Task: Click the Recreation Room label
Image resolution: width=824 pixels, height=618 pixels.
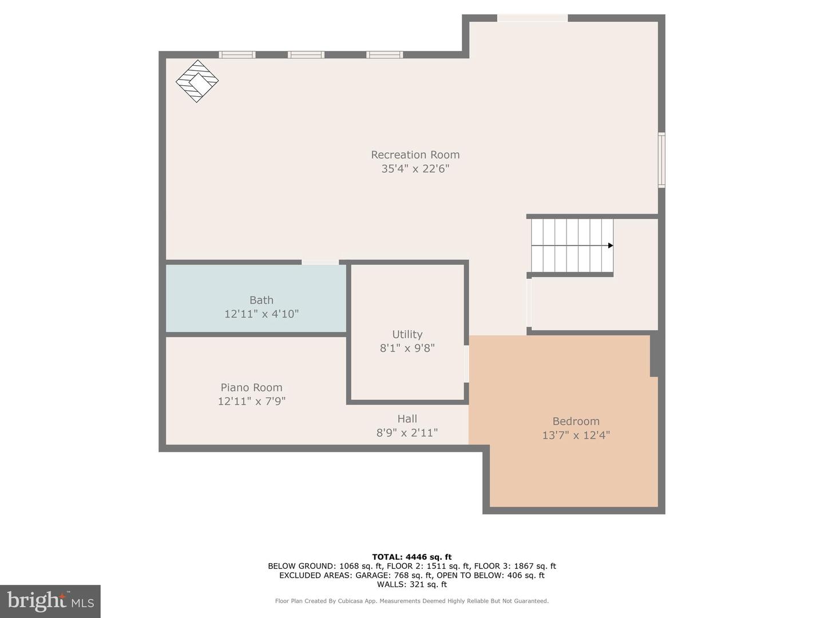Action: click(x=415, y=154)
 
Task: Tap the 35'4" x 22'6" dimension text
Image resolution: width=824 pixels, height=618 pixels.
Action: click(x=415, y=169)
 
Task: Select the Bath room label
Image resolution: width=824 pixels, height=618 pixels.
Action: click(x=261, y=300)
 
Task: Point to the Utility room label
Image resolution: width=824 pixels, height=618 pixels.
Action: click(x=407, y=334)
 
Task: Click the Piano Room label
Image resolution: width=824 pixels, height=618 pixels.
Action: click(x=251, y=387)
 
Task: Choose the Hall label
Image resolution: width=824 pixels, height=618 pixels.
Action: click(x=407, y=419)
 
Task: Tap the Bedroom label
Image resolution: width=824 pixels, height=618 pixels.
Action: click(x=576, y=421)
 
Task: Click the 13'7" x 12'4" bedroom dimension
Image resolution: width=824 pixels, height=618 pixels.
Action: click(x=576, y=435)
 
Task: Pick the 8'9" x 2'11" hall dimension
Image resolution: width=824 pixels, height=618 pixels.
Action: click(x=407, y=433)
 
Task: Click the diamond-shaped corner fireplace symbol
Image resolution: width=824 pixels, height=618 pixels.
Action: click(x=197, y=81)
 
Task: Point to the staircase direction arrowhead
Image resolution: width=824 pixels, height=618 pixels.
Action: click(x=611, y=245)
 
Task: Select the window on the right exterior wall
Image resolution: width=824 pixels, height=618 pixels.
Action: click(x=661, y=160)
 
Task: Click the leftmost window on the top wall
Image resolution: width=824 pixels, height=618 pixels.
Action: click(x=237, y=55)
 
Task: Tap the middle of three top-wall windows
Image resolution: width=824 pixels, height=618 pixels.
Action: click(x=306, y=55)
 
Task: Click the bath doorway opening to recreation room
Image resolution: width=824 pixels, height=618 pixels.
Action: click(x=320, y=262)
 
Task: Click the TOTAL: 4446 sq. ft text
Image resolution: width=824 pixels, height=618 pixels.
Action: click(x=411, y=557)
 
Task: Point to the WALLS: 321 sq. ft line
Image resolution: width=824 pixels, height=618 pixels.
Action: click(x=411, y=584)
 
